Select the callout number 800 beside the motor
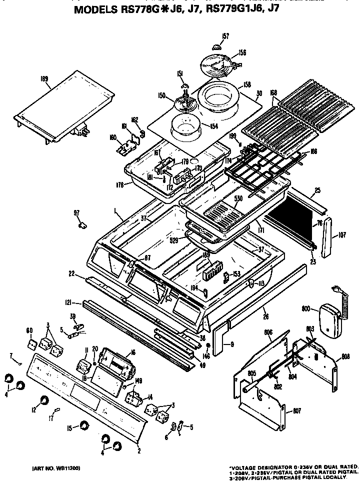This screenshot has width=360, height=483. (x=306, y=309)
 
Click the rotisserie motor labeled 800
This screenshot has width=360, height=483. (x=327, y=321)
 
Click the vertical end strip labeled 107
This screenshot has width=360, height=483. (x=328, y=237)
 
